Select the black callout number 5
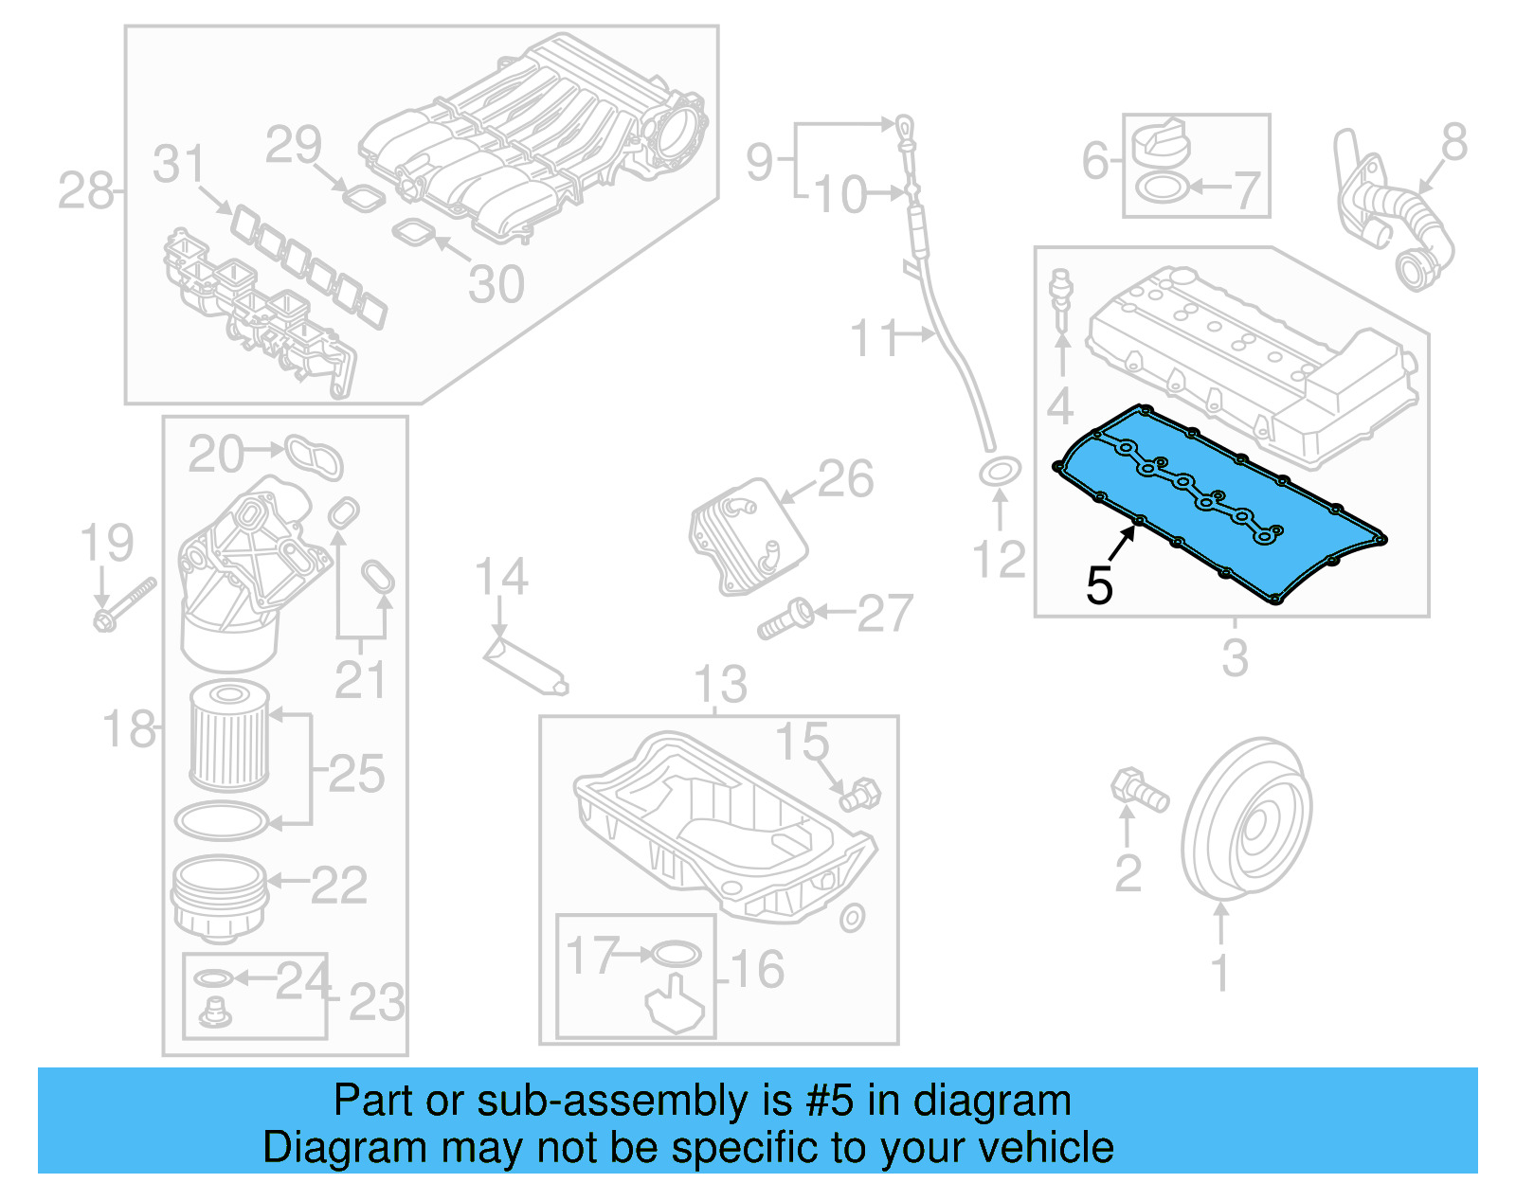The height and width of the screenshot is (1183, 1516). pos(1099,584)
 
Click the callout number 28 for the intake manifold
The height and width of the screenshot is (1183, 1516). pos(85,191)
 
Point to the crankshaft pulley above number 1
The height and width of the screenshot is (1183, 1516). pos(1246,819)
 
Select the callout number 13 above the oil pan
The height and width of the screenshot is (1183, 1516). pos(720,684)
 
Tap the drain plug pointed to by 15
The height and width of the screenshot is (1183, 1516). pos(859,794)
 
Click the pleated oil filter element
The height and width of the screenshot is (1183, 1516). pos(229,737)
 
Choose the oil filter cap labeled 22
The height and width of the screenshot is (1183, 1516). pos(218,895)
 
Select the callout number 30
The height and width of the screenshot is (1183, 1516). pos(496,284)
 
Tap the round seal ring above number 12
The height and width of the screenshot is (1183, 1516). pos(999,471)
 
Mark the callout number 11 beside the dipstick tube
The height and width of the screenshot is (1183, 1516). pos(873,338)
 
